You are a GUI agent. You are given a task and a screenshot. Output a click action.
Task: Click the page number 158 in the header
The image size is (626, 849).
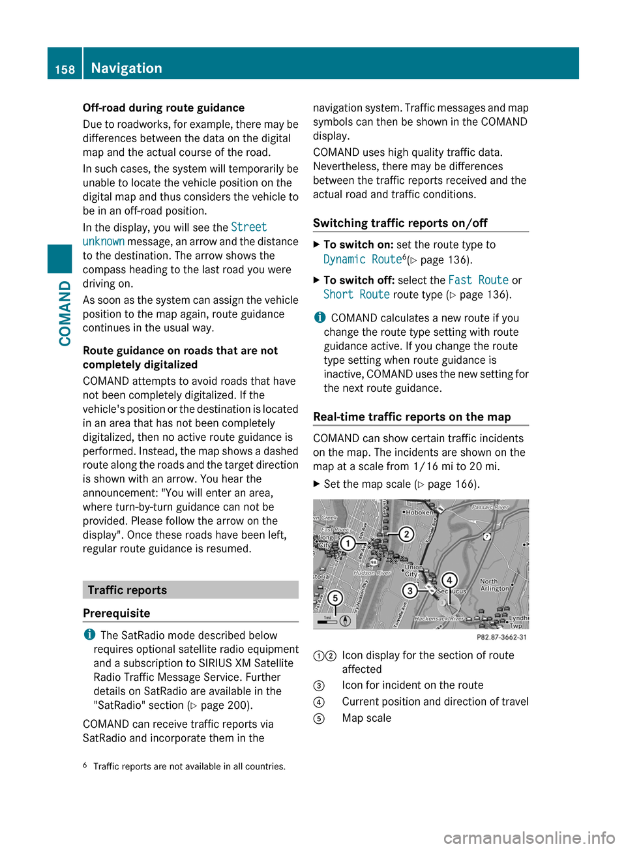click(x=65, y=69)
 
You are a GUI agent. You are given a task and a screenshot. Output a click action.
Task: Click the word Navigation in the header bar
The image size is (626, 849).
click(x=127, y=68)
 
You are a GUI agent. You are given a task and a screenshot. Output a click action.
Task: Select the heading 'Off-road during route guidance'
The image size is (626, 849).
click(x=164, y=108)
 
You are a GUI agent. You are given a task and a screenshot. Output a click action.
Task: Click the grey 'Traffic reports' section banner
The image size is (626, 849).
click(x=190, y=590)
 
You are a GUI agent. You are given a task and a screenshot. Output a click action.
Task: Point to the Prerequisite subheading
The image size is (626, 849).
click(x=117, y=613)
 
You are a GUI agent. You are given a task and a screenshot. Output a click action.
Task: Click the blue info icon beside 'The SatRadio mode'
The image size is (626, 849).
click(x=89, y=634)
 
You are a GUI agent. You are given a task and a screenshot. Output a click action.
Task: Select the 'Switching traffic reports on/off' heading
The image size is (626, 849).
click(x=400, y=223)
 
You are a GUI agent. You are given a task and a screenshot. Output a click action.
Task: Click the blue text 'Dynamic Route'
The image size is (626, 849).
click(x=363, y=260)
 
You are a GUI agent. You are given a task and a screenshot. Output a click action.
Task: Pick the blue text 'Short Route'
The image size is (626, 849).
click(x=356, y=295)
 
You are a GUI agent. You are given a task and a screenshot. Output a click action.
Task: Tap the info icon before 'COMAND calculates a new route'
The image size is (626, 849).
click(x=319, y=318)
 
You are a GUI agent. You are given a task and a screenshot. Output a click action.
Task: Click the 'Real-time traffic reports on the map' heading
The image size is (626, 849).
click(x=412, y=417)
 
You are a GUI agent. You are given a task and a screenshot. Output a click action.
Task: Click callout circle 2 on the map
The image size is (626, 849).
click(x=406, y=535)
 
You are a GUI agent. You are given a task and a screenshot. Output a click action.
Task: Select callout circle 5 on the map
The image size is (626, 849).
click(x=335, y=598)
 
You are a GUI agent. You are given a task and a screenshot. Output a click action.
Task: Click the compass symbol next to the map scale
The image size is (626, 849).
click(x=346, y=621)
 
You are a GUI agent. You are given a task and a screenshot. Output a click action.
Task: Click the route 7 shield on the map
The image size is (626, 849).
click(x=487, y=536)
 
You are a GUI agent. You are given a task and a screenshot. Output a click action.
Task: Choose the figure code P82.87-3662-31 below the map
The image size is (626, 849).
click(x=501, y=637)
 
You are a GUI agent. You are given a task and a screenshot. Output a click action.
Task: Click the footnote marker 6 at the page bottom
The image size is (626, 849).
click(x=85, y=765)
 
